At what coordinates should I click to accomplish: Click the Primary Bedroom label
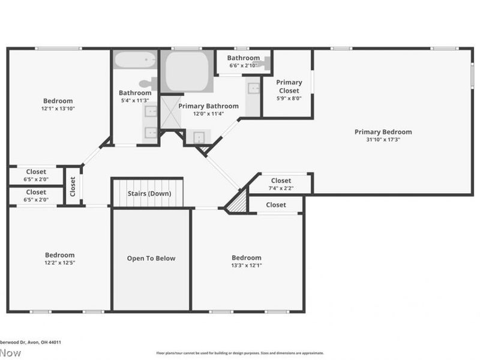tap(383, 132)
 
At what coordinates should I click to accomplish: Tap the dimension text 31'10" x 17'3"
tap(383, 139)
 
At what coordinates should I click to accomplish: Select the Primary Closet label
tap(289, 86)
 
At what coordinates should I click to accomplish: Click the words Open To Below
tap(151, 259)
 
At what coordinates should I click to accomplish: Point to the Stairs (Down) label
tap(149, 194)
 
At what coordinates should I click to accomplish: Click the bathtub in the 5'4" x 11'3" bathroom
tap(135, 61)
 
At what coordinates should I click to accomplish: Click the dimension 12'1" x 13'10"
tap(58, 109)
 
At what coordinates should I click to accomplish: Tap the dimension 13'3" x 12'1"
tap(247, 265)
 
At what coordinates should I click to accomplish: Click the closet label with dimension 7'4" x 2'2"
tap(281, 181)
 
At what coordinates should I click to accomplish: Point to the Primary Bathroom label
tap(208, 106)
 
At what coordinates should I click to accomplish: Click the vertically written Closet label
tap(73, 186)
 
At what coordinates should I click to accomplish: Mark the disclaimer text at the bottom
tap(240, 353)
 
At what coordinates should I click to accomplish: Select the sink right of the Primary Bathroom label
tap(254, 89)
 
